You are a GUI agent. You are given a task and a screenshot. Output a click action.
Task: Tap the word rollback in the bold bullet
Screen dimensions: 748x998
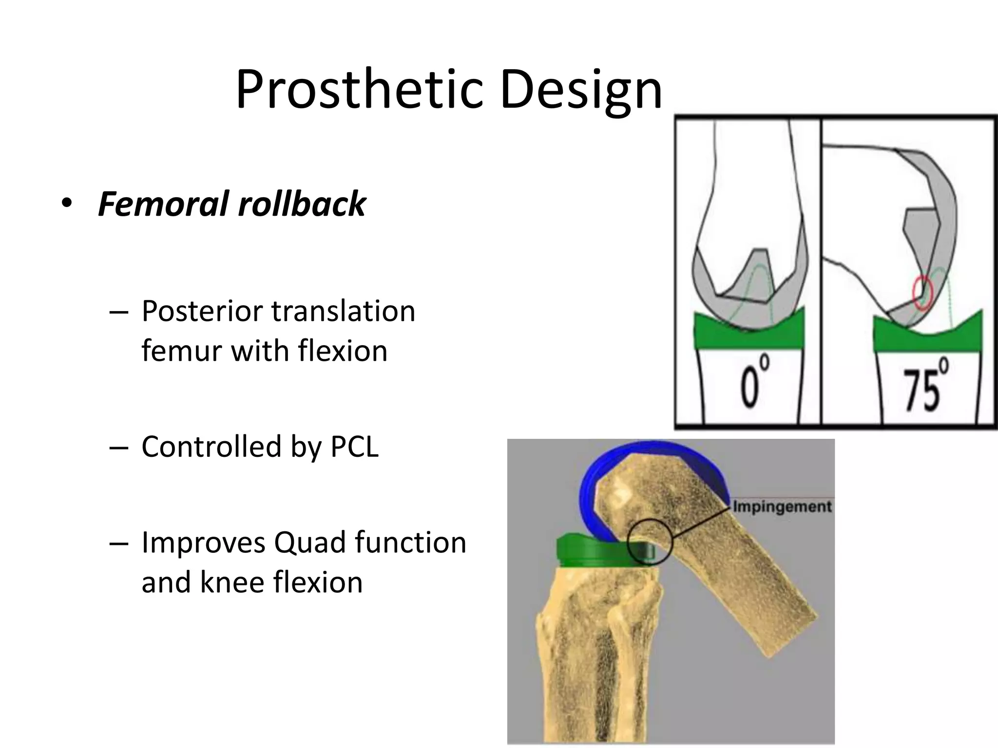pyautogui.click(x=302, y=204)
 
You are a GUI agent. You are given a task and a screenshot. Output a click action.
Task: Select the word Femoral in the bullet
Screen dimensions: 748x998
pyautogui.click(x=163, y=204)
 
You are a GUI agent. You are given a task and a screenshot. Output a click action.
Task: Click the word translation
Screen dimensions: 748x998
pyautogui.click(x=343, y=311)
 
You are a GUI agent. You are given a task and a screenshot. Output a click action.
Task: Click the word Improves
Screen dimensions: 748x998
pyautogui.click(x=203, y=542)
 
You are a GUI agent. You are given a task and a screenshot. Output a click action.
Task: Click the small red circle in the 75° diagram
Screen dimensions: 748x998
pyautogui.click(x=921, y=293)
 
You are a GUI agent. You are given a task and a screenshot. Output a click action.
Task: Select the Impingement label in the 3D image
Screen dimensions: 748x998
pyautogui.click(x=782, y=506)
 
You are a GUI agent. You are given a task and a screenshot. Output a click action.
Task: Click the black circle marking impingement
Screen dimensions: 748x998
pyautogui.click(x=650, y=542)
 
